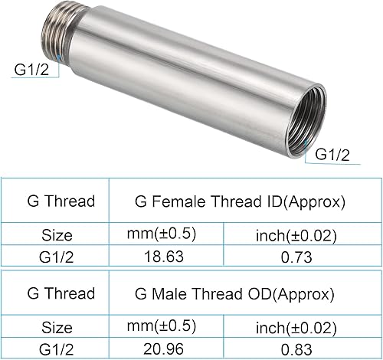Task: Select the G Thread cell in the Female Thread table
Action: [x=61, y=202]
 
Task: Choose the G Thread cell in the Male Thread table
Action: [x=61, y=293]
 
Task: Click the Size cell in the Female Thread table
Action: [x=58, y=235]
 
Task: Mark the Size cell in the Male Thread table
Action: [x=58, y=327]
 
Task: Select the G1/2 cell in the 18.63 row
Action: [x=58, y=256]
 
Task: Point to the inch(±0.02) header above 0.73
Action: [x=296, y=235]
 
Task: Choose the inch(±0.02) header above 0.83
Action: [x=296, y=327]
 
